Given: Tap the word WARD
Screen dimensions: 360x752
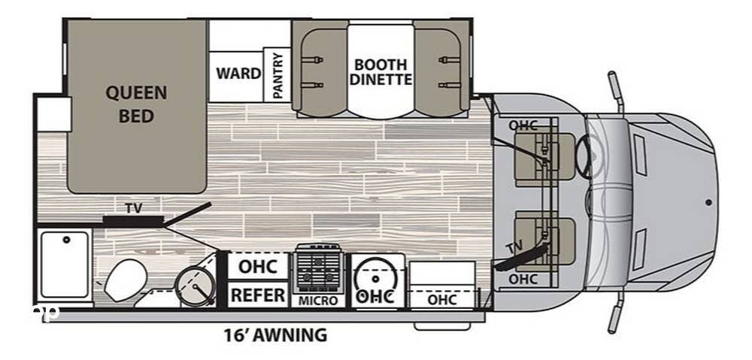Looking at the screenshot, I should point(238,74).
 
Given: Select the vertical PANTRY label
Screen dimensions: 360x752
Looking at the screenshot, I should point(277,74).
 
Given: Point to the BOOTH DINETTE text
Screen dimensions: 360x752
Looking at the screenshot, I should point(381,71).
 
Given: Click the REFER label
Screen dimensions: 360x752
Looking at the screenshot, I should point(257,295).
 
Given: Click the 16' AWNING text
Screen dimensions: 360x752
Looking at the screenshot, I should point(274,335).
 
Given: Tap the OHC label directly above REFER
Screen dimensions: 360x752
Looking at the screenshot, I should point(257,267).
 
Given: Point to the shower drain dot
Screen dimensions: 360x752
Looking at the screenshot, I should point(66,241).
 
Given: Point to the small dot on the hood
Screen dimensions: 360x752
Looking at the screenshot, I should point(708,201).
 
